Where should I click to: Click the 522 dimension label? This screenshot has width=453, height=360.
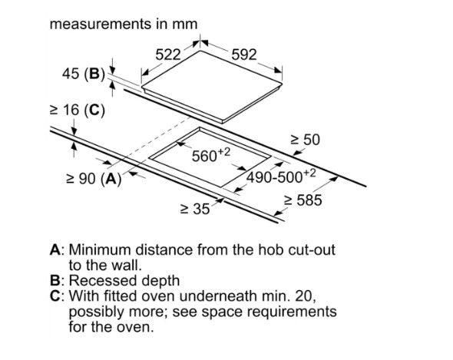pyautogui.click(x=168, y=54)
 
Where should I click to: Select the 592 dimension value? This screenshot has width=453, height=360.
pyautogui.click(x=244, y=54)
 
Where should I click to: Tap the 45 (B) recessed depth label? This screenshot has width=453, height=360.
pyautogui.click(x=84, y=74)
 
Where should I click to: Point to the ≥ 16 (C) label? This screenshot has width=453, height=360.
pyautogui.click(x=78, y=111)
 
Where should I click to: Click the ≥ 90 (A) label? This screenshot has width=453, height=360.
pyautogui.click(x=94, y=179)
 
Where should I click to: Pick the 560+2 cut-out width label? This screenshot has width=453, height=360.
pyautogui.click(x=211, y=154)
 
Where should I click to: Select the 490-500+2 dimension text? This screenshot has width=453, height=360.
pyautogui.click(x=281, y=176)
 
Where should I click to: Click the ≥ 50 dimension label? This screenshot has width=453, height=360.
pyautogui.click(x=306, y=140)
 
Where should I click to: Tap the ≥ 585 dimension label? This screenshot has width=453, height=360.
pyautogui.click(x=303, y=200)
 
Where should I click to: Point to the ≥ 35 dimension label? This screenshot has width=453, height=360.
pyautogui.click(x=195, y=209)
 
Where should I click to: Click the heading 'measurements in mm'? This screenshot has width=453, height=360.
pyautogui.click(x=124, y=24)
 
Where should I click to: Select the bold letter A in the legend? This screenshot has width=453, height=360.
pyautogui.click(x=55, y=249)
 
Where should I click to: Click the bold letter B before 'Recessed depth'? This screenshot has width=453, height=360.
pyautogui.click(x=55, y=280)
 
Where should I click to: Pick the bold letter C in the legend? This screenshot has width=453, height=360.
pyautogui.click(x=55, y=296)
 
